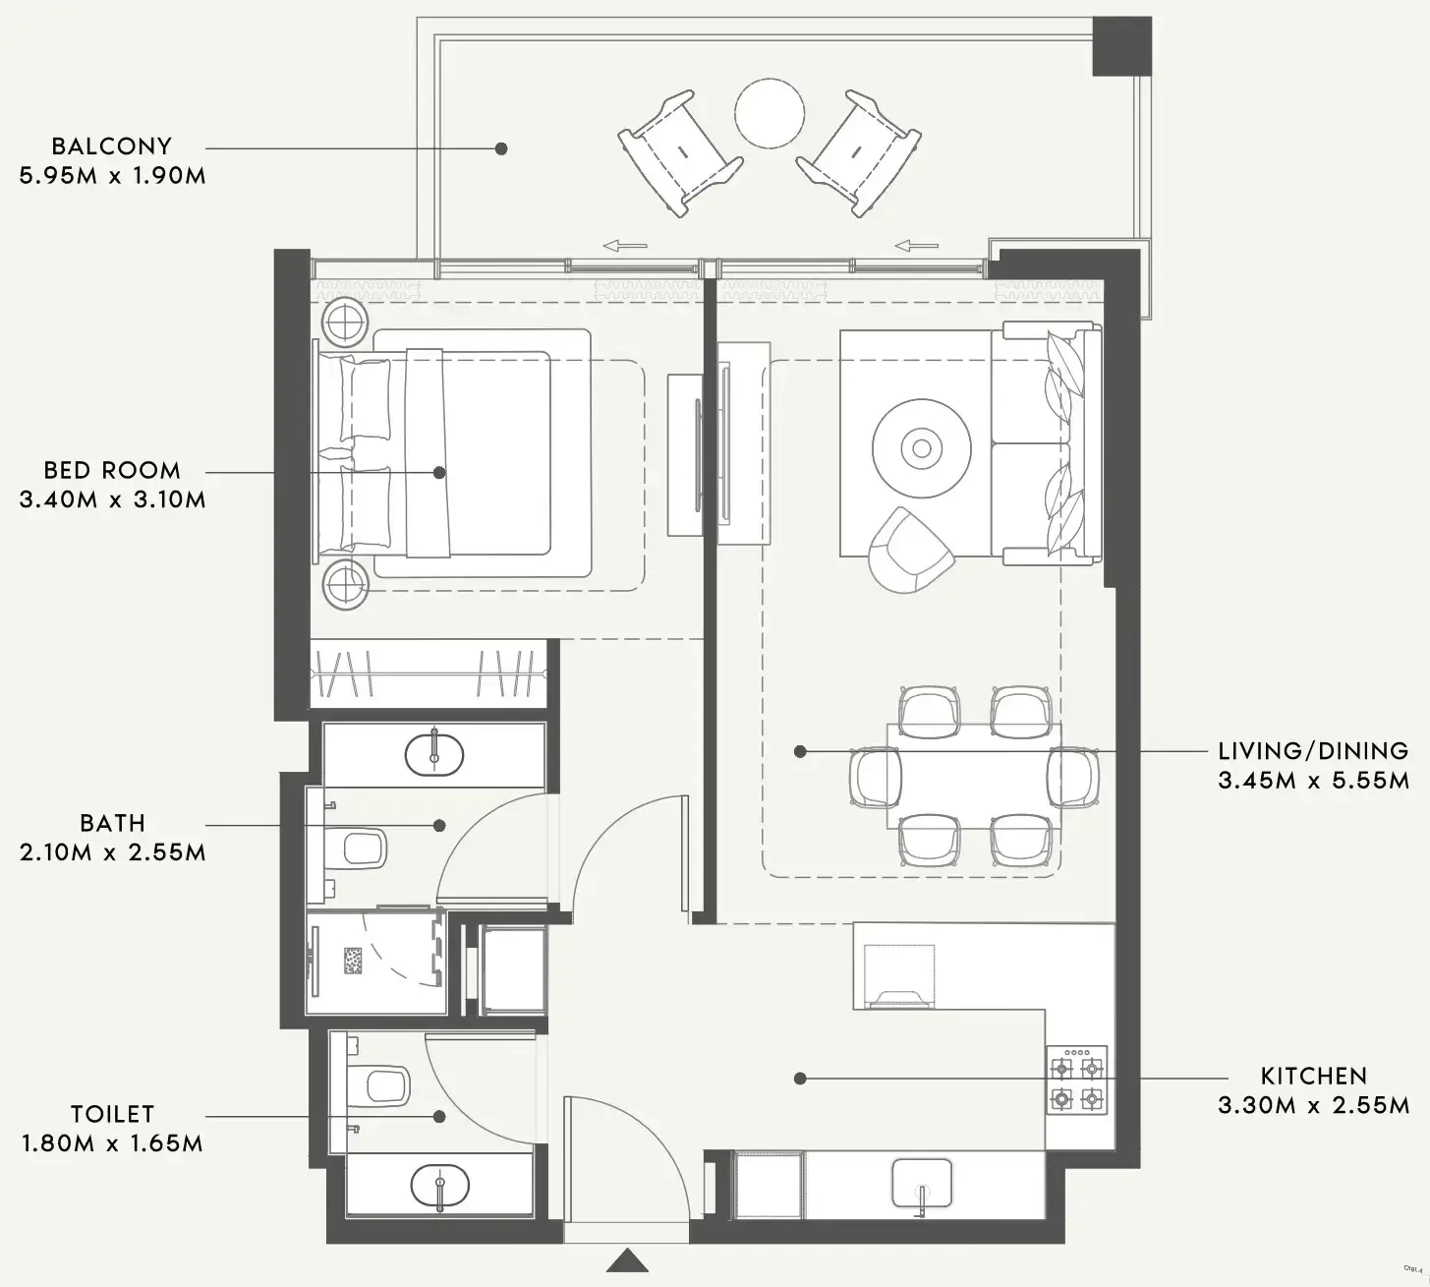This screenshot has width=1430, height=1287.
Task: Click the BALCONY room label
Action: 111,146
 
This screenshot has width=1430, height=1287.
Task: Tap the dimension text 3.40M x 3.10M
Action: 112,499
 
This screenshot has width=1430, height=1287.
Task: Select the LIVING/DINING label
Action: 1313,751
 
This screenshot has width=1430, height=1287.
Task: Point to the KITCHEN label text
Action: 1313,1076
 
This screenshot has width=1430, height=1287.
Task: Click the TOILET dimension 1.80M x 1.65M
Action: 112,1143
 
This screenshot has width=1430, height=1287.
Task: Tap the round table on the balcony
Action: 771,114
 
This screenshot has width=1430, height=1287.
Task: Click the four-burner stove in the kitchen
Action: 1076,1081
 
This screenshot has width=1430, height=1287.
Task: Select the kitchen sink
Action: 922,1183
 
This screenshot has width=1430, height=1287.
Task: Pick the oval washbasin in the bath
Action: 433,754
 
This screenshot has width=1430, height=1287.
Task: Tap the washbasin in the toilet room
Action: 439,1186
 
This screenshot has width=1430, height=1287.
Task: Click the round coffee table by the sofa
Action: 921,449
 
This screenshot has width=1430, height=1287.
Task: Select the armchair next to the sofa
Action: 908,552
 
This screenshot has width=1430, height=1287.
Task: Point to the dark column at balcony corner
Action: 1122,45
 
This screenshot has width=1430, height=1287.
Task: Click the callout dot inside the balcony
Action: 501,148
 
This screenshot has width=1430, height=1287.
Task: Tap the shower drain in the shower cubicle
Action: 354,961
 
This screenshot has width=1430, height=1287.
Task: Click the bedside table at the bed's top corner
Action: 346,321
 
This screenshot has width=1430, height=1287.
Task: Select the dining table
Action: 973,777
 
